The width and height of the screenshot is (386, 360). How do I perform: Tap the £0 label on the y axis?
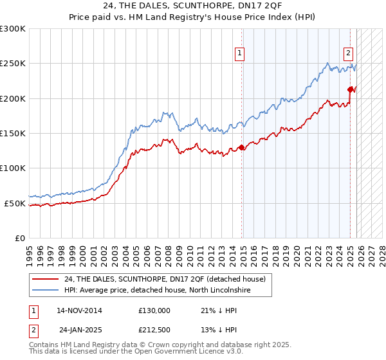(19, 238)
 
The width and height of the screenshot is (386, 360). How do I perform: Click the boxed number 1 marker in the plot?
(239, 54)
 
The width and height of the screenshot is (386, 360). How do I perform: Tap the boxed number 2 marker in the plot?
(348, 54)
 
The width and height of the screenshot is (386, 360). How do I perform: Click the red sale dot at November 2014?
(242, 147)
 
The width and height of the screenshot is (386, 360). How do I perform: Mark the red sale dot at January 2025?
(351, 89)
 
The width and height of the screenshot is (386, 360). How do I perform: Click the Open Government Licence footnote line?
(136, 352)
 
